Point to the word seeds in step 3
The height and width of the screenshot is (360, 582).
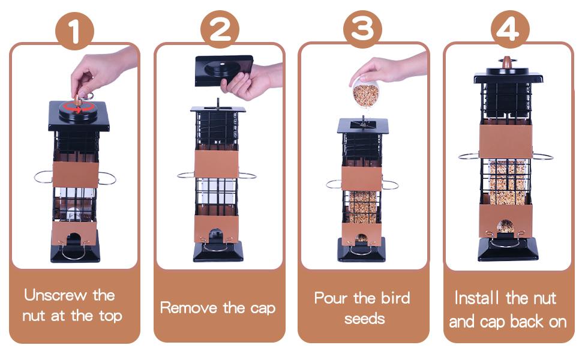pyautogui.click(x=364, y=318)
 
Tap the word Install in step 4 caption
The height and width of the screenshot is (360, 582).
pyautogui.click(x=478, y=298)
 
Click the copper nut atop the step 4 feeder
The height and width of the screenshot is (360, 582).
pyautogui.click(x=508, y=62)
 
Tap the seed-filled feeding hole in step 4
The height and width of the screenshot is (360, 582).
pyautogui.click(x=506, y=226)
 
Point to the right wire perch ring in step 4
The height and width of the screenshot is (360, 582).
pyautogui.click(x=542, y=157)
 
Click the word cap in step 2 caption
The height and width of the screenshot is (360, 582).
pyautogui.click(x=262, y=309)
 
